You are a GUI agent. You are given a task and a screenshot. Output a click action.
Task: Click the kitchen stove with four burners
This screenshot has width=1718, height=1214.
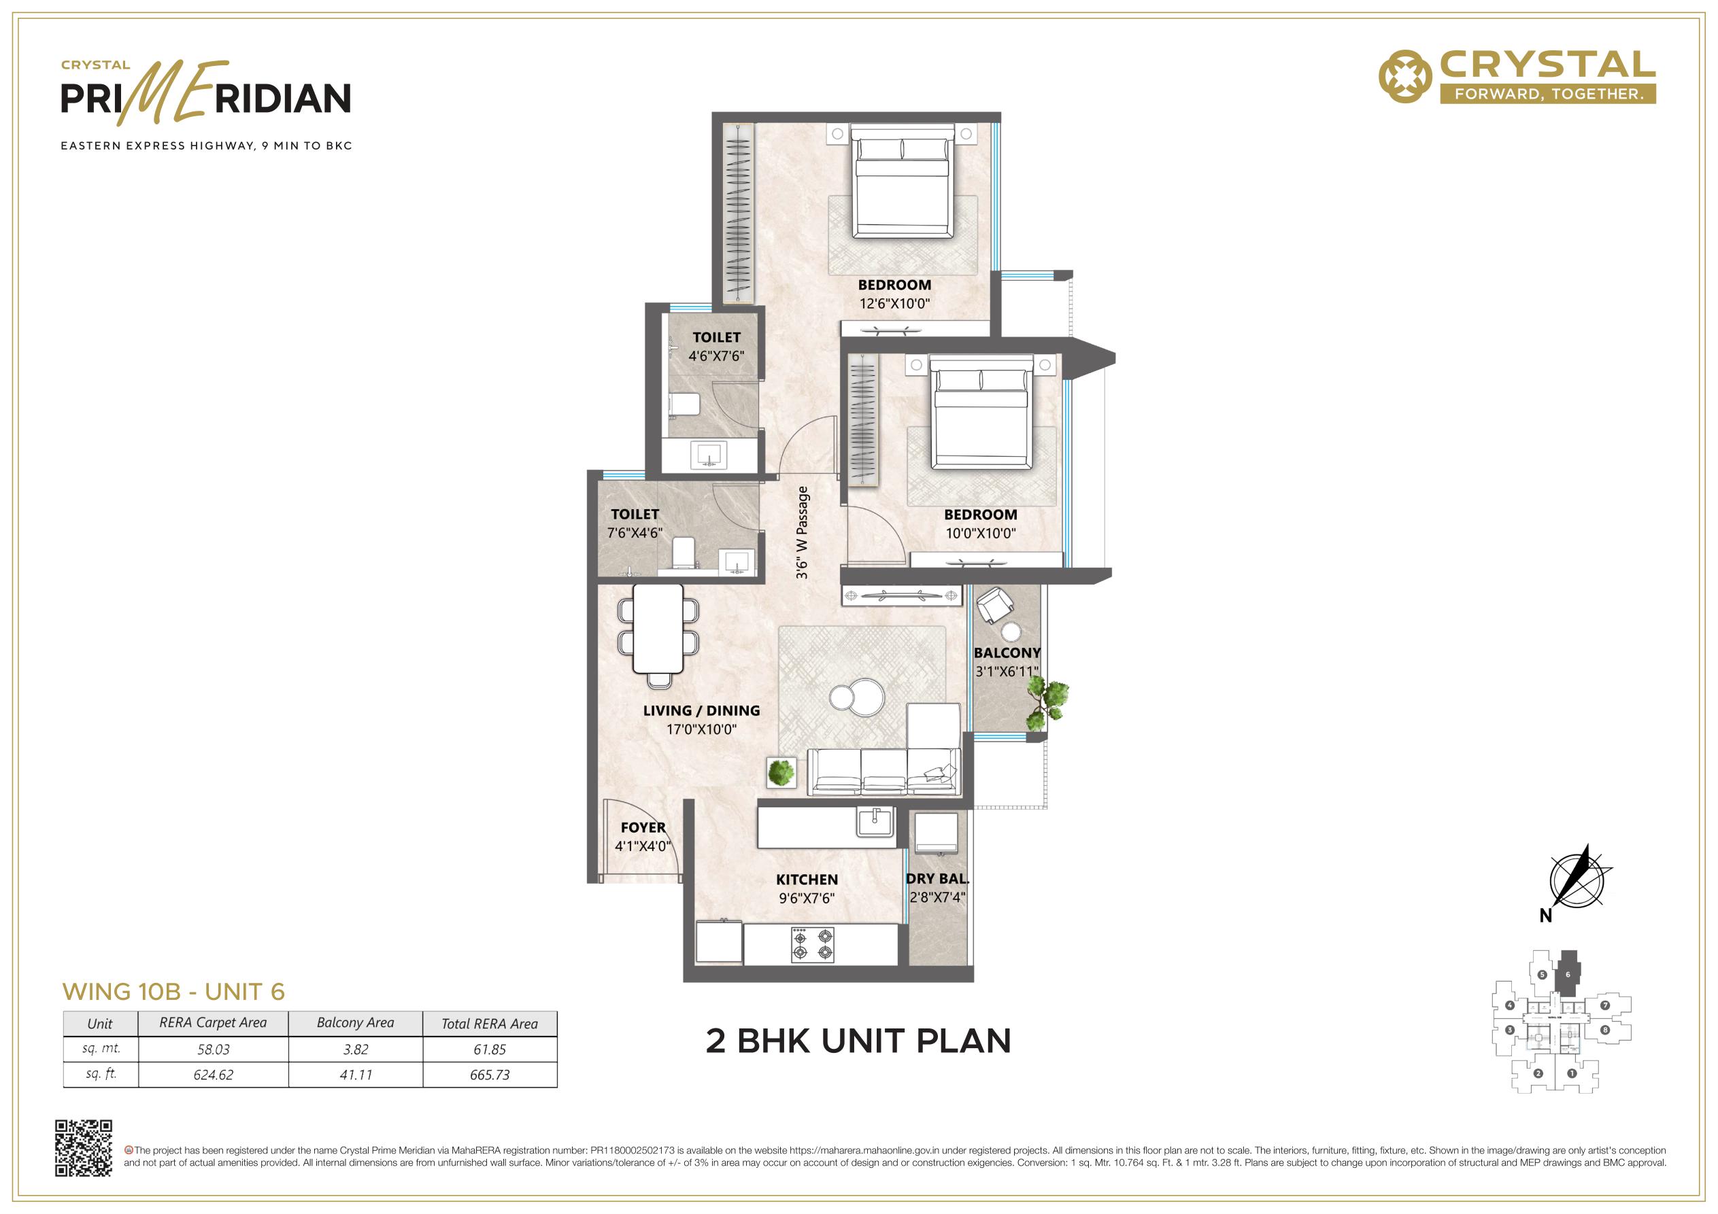coord(813,944)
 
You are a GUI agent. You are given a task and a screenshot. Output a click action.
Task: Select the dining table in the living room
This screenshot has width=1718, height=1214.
coord(658,628)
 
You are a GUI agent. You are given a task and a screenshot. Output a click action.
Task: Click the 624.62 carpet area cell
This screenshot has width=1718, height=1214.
coord(214,1075)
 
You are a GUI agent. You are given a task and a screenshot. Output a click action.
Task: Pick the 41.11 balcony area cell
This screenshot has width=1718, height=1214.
coord(356,1075)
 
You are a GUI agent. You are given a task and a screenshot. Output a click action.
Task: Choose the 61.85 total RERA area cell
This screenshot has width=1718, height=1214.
coord(490,1050)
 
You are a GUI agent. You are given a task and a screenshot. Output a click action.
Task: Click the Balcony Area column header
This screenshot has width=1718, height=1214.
coord(356,1023)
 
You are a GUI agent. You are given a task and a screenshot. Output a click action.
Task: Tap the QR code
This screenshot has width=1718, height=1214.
coord(84,1148)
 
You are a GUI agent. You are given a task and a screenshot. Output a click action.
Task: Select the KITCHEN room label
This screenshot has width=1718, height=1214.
coord(807,880)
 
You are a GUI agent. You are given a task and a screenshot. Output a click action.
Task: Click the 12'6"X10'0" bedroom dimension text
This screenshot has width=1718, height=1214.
coord(894,304)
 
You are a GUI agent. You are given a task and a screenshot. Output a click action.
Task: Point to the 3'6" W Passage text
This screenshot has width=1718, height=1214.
coord(802,533)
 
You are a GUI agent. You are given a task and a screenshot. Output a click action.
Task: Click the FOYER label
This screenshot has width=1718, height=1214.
coord(643,827)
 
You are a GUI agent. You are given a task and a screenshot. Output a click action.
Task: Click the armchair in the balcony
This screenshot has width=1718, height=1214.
coord(994,605)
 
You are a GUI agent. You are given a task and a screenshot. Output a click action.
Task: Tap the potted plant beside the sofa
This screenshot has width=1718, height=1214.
coord(781,771)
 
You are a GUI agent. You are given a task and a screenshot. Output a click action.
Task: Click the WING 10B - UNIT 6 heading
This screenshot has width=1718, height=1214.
coord(173,992)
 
